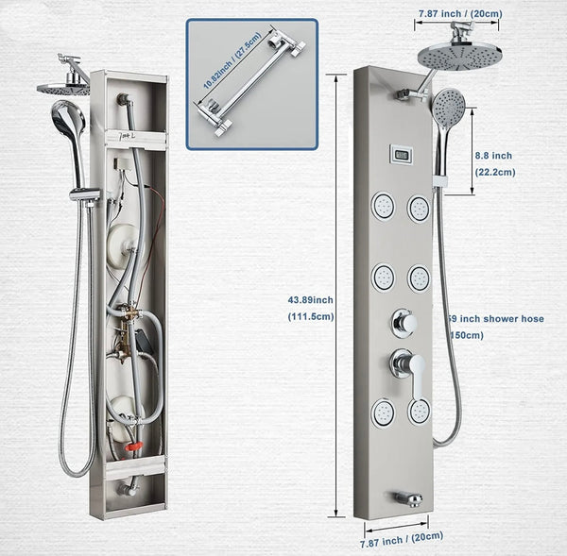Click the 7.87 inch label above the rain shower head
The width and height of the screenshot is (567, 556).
tap(458, 14)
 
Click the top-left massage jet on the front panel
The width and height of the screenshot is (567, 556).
tap(383, 206)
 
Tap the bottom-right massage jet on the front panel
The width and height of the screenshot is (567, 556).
tap(419, 412)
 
